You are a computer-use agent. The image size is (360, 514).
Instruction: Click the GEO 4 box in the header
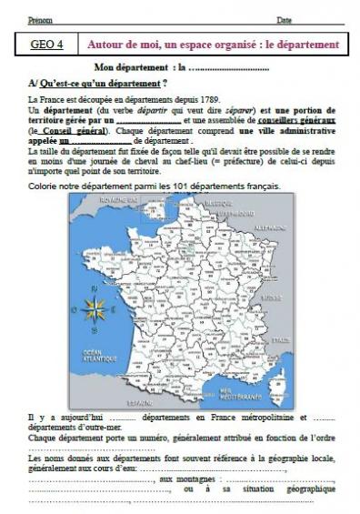coord(47,44)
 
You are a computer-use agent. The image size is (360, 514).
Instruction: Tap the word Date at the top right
coord(285,19)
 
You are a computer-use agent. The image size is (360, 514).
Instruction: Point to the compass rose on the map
coord(95,310)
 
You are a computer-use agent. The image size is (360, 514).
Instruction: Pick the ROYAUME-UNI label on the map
coord(118,199)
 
